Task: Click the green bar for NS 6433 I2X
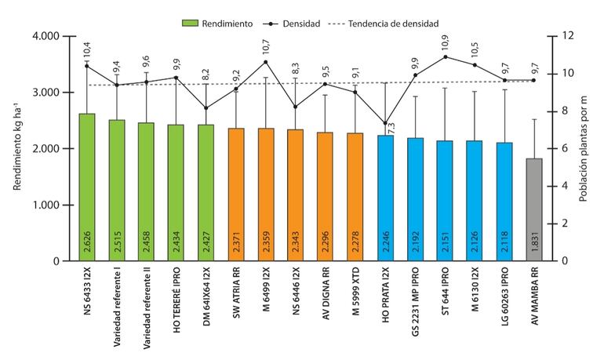pyautogui.click(x=87, y=188)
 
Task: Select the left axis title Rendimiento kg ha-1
pyautogui.click(x=17, y=148)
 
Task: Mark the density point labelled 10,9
pyautogui.click(x=446, y=56)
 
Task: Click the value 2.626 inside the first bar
pyautogui.click(x=88, y=243)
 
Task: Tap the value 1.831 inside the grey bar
pyautogui.click(x=535, y=243)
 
